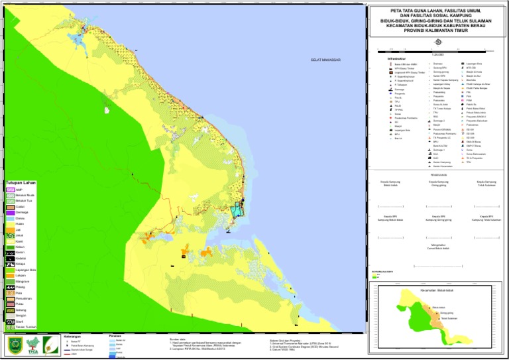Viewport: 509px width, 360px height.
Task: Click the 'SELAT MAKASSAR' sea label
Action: coord(325,60)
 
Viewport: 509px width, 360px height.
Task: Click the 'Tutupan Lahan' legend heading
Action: coord(21,182)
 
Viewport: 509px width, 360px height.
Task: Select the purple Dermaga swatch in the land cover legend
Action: coord(10,212)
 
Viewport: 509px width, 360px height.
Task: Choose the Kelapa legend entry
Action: coord(10,264)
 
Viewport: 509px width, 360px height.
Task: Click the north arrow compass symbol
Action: coord(437,44)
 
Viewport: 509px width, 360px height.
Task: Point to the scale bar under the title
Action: coord(437,51)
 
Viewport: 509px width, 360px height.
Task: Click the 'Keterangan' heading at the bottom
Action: coord(72,335)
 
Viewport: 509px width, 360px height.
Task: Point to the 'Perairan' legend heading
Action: coord(119,334)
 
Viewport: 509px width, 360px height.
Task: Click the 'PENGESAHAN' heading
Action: coord(437,175)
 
